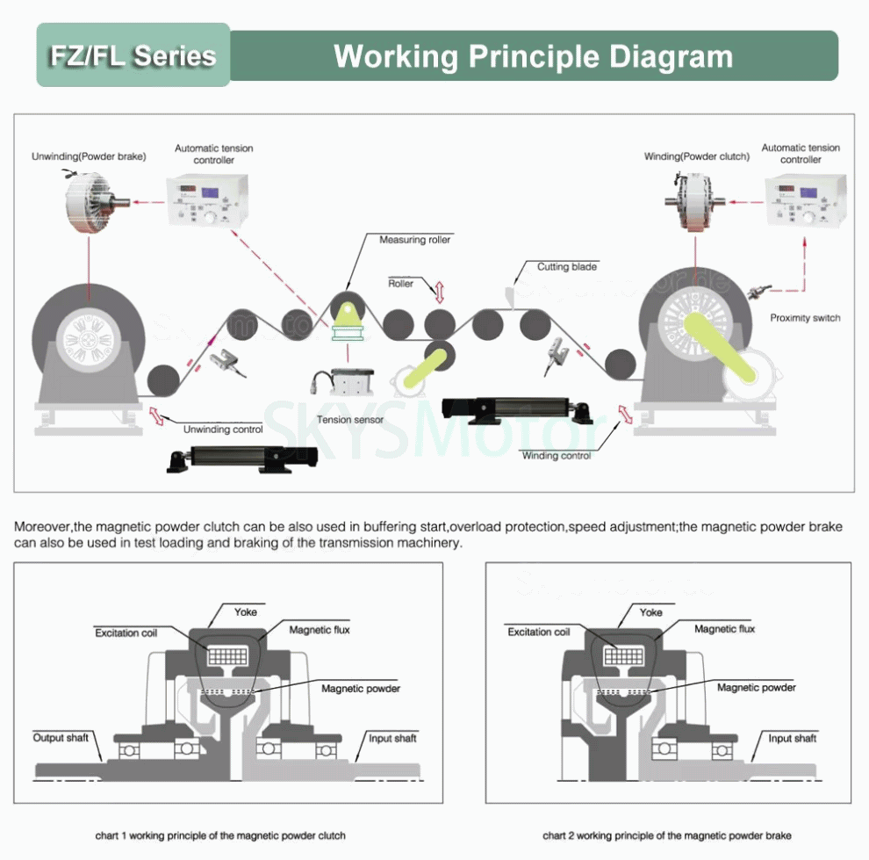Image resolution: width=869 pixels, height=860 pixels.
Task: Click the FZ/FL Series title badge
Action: pyautogui.click(x=133, y=55)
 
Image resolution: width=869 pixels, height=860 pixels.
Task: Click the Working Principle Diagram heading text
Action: pyautogui.click(x=533, y=56)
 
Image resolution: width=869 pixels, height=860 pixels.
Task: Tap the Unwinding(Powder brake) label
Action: pyautogui.click(x=89, y=156)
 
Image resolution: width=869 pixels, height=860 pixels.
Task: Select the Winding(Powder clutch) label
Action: pyautogui.click(x=696, y=156)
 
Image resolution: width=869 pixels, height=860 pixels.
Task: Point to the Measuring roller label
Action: pyautogui.click(x=414, y=240)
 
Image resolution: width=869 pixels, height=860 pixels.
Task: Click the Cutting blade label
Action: pyautogui.click(x=567, y=266)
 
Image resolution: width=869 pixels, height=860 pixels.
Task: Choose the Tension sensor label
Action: pyautogui.click(x=350, y=420)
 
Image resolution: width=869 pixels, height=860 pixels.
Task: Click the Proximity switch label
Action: pyautogui.click(x=804, y=318)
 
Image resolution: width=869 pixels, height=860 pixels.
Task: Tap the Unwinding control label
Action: pyautogui.click(x=223, y=430)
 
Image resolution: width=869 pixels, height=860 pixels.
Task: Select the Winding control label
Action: pyautogui.click(x=557, y=456)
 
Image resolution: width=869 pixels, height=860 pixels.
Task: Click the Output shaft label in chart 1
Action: pyautogui.click(x=61, y=737)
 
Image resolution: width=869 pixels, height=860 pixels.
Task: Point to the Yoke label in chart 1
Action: pyautogui.click(x=246, y=611)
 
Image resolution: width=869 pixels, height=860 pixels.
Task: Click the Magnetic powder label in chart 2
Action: pyautogui.click(x=756, y=687)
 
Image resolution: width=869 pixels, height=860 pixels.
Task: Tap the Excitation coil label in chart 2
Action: pyautogui.click(x=538, y=632)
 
